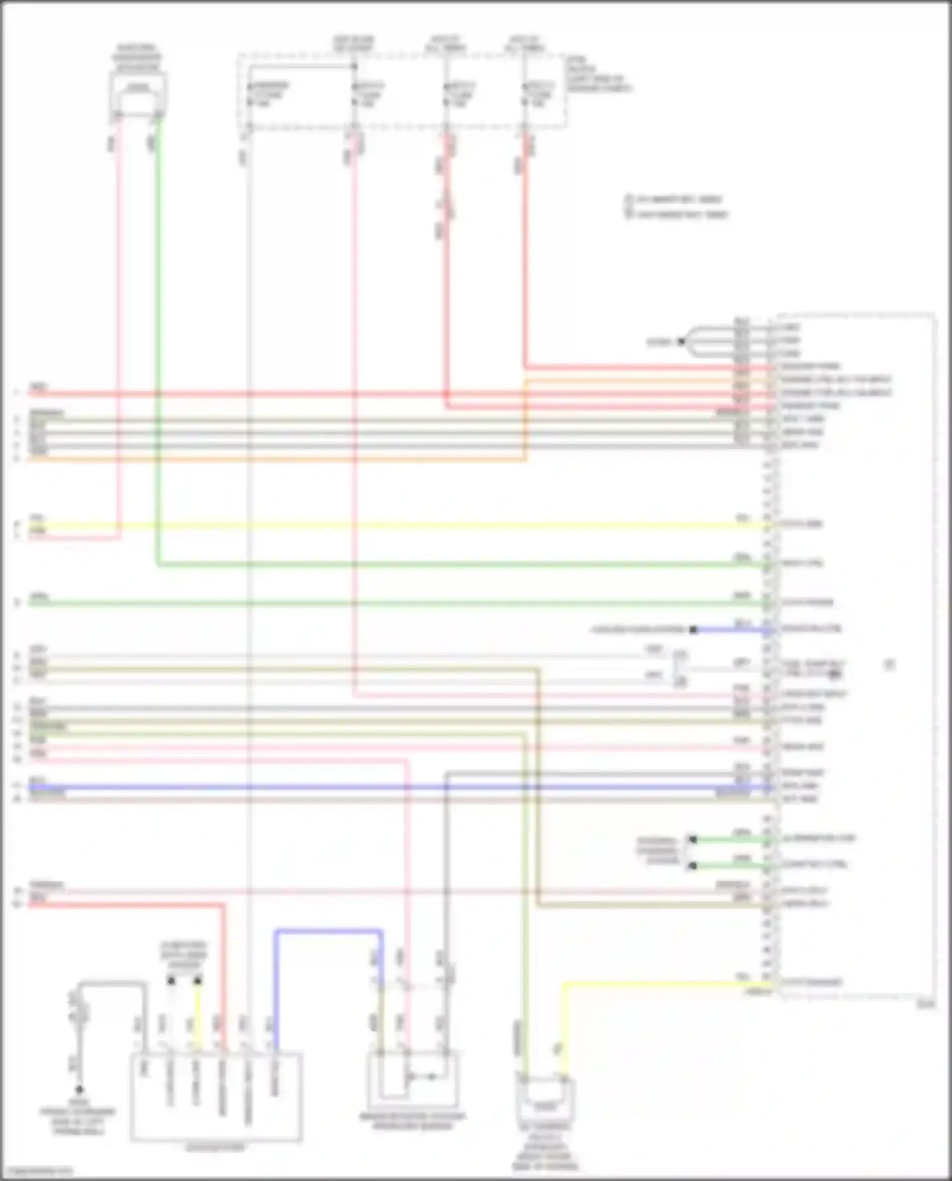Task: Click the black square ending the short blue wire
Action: tap(694, 630)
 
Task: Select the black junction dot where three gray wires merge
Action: tap(681, 341)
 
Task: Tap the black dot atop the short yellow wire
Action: tap(197, 981)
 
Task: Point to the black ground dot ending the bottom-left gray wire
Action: tap(79, 1090)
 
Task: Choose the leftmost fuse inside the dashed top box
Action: tap(250, 94)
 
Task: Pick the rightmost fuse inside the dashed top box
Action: tap(526, 94)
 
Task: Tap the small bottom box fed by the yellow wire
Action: tap(546, 1102)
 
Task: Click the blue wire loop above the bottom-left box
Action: tap(328, 932)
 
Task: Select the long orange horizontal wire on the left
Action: tap(273, 459)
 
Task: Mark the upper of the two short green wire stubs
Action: tap(730, 840)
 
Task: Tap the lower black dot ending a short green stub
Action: tap(693, 866)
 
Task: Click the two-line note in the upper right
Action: tap(676, 207)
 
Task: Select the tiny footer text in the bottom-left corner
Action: tap(37, 1171)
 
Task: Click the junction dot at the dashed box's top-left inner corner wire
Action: tap(354, 65)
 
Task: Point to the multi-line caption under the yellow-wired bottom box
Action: tap(546, 1147)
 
